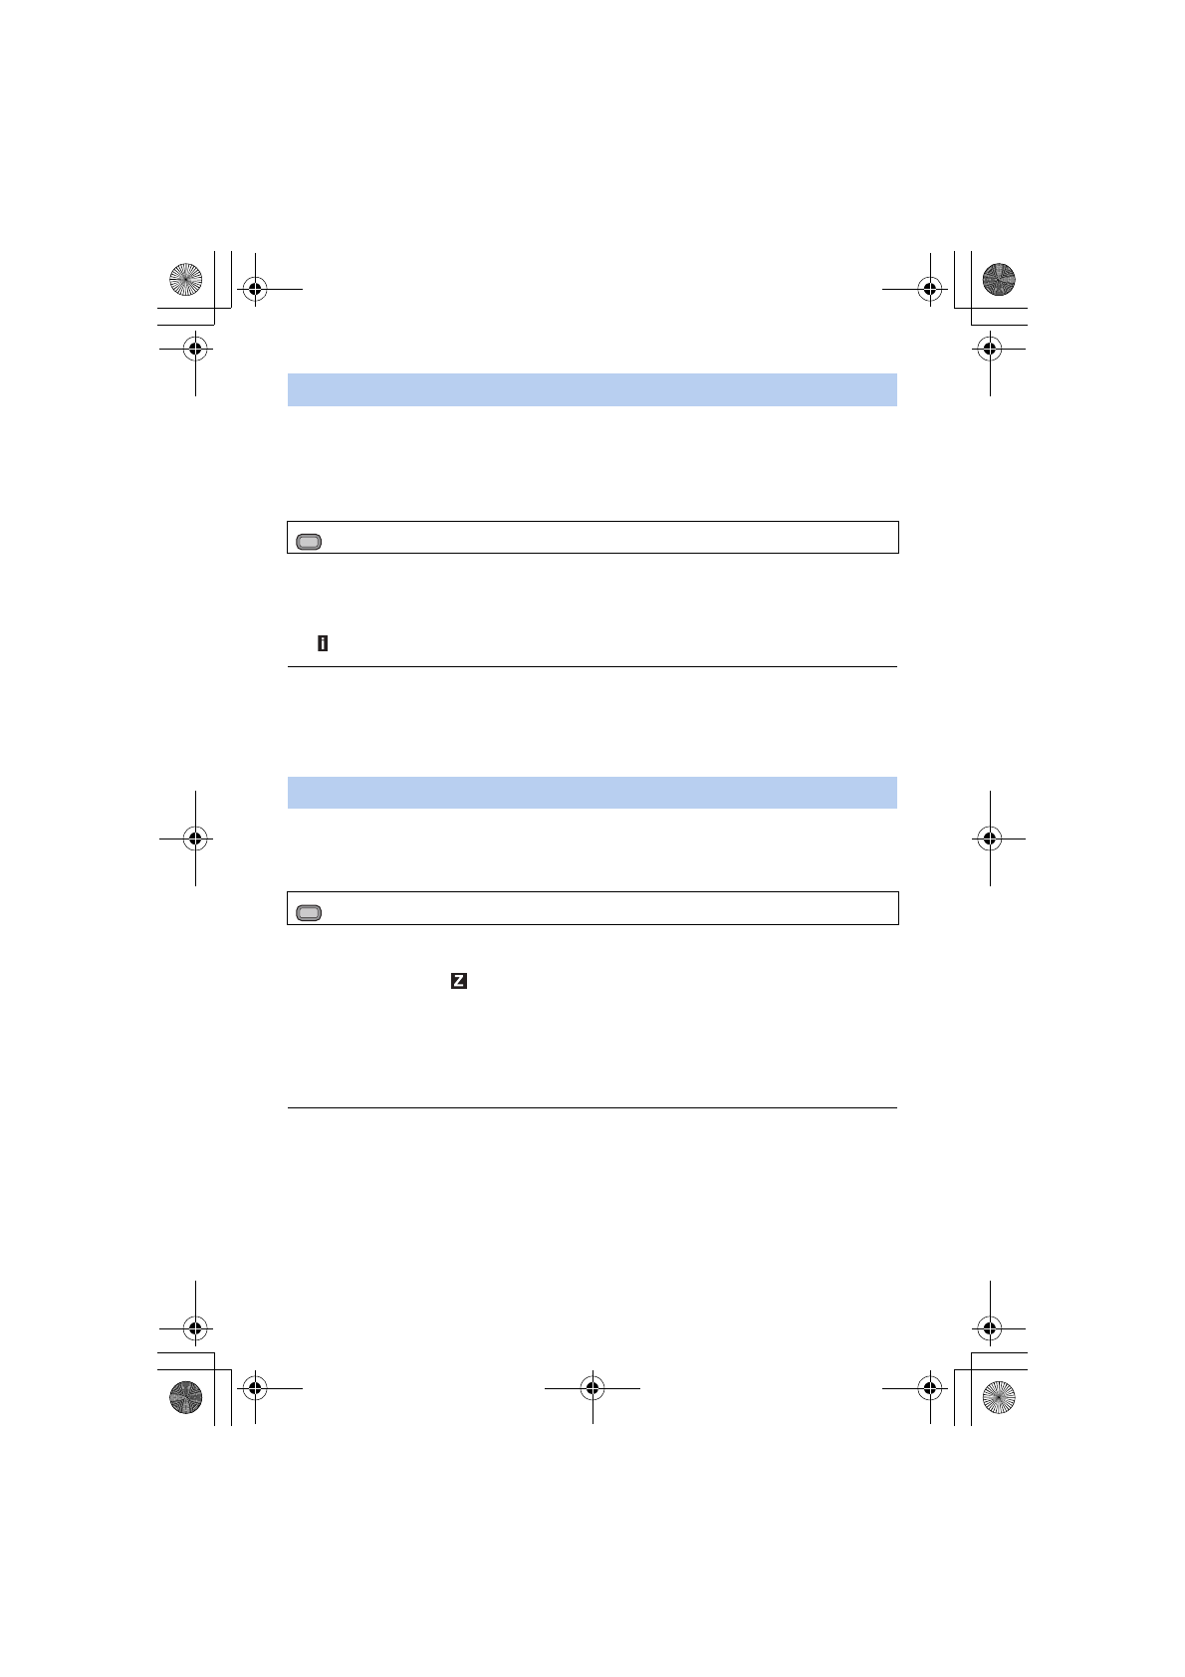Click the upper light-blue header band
[x=592, y=389]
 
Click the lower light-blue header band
[x=592, y=792]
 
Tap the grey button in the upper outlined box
[x=309, y=542]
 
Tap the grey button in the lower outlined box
[x=309, y=912]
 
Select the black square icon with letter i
[x=323, y=643]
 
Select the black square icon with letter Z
[x=459, y=981]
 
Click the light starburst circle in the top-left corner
[x=185, y=279]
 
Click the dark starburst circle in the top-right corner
[x=999, y=279]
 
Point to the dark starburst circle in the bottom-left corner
[x=185, y=1397]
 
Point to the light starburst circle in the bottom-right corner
[x=999, y=1397]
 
